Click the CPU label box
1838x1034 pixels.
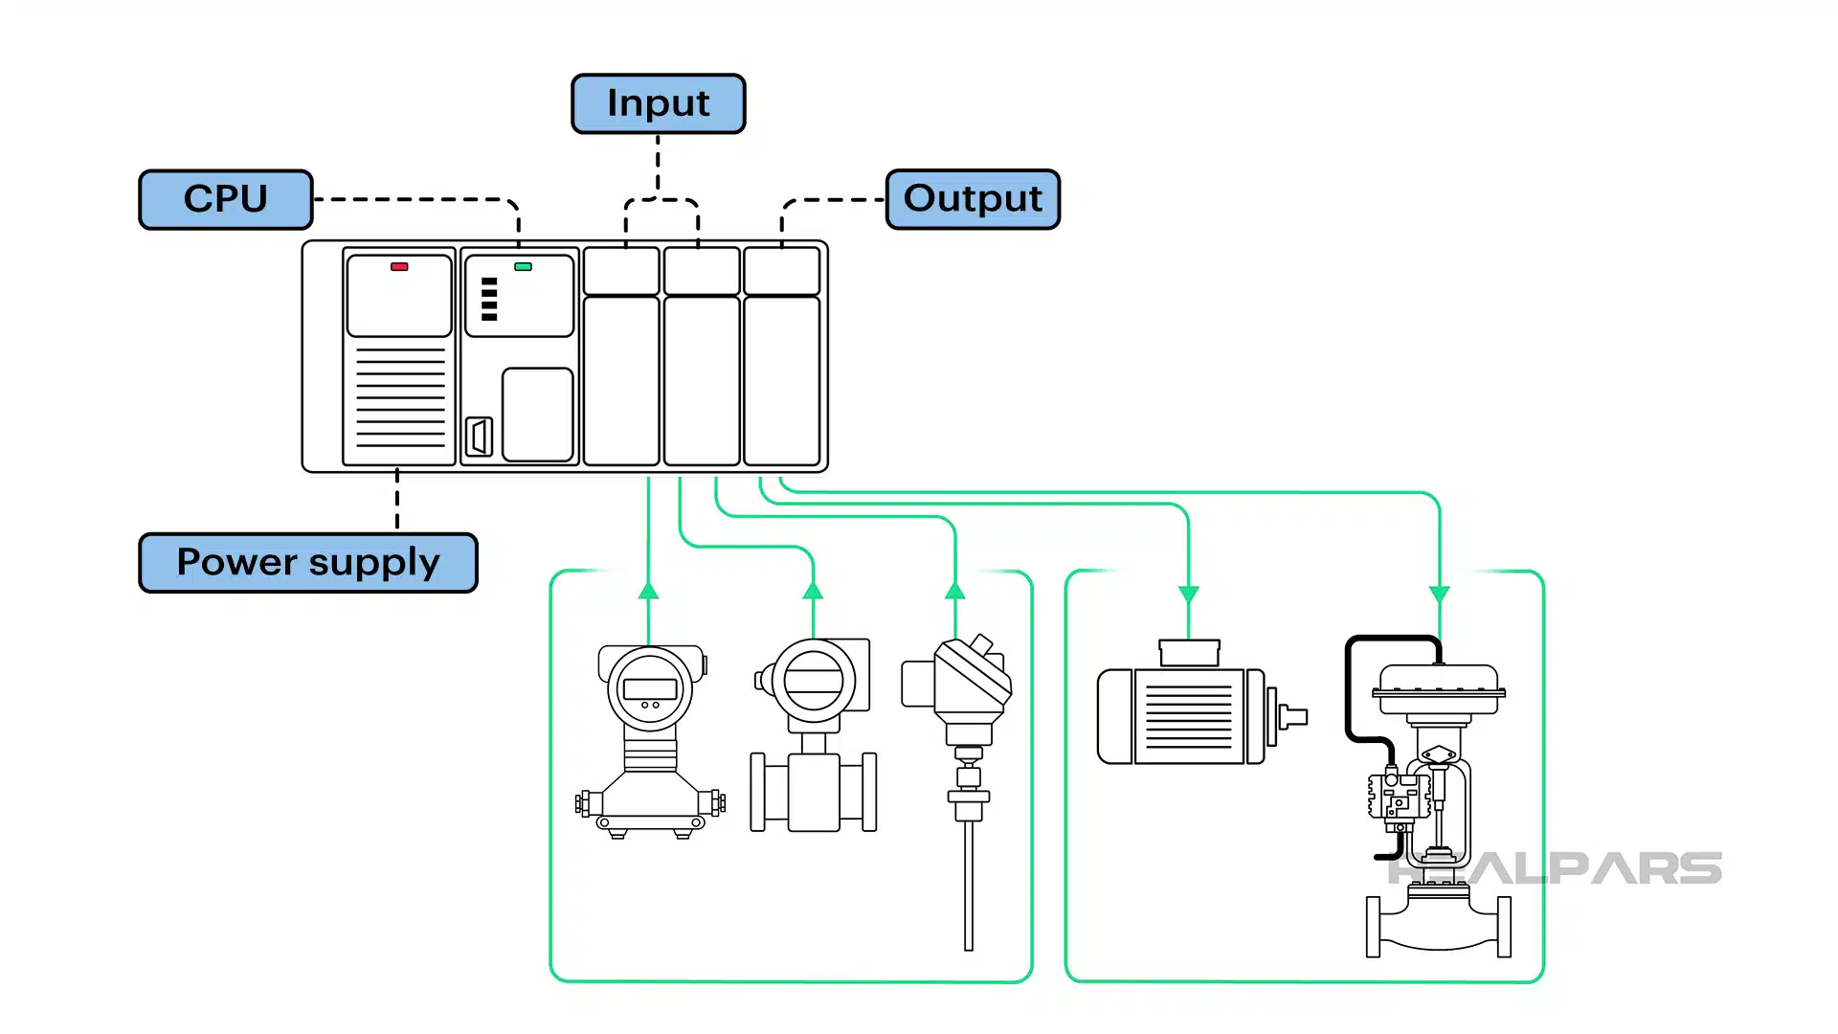tap(226, 199)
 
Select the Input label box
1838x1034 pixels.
tap(659, 103)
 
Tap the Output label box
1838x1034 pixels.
tap(973, 199)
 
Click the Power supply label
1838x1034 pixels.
tap(308, 562)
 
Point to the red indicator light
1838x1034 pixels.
tap(399, 267)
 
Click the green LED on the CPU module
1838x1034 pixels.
tap(523, 267)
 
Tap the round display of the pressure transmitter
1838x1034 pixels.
tap(650, 688)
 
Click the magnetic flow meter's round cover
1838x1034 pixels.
tap(814, 681)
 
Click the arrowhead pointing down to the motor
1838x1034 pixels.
tap(1188, 595)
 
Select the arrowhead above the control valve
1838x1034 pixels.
tap(1439, 595)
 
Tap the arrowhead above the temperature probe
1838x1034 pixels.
tap(954, 591)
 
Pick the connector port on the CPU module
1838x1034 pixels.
tap(479, 437)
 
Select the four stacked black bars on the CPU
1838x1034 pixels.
tap(489, 299)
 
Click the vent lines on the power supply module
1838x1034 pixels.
tap(400, 397)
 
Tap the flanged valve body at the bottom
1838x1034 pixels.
tap(1438, 924)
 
